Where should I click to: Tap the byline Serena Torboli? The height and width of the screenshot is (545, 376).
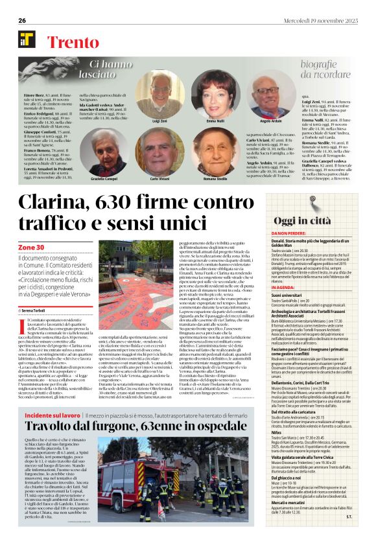coord(42,292)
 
